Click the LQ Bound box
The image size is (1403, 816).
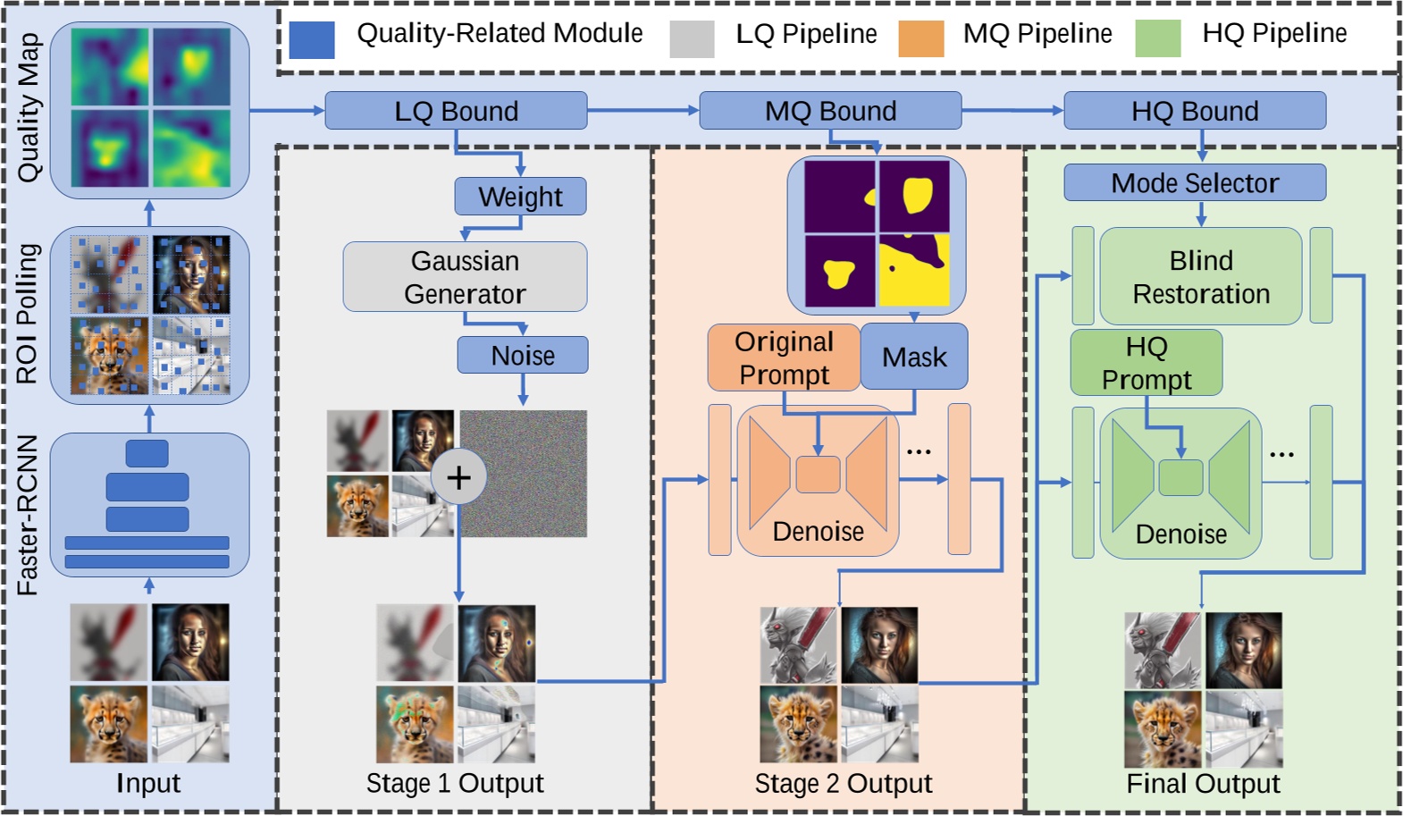tap(456, 111)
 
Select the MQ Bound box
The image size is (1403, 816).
tap(830, 111)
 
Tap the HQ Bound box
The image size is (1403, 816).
tap(1195, 111)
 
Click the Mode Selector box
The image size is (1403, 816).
tap(1195, 183)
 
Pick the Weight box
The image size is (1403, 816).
tap(520, 197)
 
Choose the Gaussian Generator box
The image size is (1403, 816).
tap(465, 277)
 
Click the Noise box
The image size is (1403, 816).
tap(523, 356)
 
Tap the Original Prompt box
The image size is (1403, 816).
tap(784, 358)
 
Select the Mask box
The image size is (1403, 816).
tap(914, 358)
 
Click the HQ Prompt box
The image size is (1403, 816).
tap(1147, 363)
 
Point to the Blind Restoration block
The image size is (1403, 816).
tap(1201, 276)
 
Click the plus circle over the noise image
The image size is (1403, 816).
tap(458, 477)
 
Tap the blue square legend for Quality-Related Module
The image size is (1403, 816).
tap(312, 39)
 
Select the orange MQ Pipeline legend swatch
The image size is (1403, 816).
tap(920, 39)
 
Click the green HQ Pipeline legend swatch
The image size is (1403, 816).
tap(1158, 39)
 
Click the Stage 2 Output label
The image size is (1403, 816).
tap(843, 784)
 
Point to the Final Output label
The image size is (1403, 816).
tap(1203, 784)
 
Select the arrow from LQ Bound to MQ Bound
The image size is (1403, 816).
tap(643, 111)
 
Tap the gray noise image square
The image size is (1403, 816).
tap(536, 474)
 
